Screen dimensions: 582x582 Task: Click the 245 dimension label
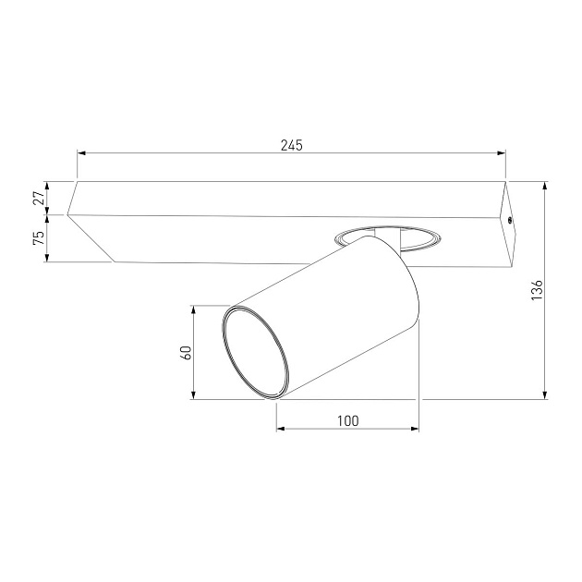[x=291, y=145]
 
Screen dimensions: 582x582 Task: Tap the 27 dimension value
[x=39, y=198]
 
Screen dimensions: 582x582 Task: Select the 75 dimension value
[x=39, y=237]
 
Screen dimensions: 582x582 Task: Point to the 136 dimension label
[x=537, y=290]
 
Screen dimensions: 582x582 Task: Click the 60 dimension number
[x=185, y=352]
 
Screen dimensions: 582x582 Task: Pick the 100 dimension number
[x=347, y=421]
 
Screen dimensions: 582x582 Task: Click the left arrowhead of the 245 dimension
[x=81, y=152]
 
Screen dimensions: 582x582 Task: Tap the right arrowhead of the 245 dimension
[x=501, y=152]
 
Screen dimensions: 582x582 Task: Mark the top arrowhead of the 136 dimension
[x=545, y=187]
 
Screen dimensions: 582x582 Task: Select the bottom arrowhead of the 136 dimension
[x=545, y=394]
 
